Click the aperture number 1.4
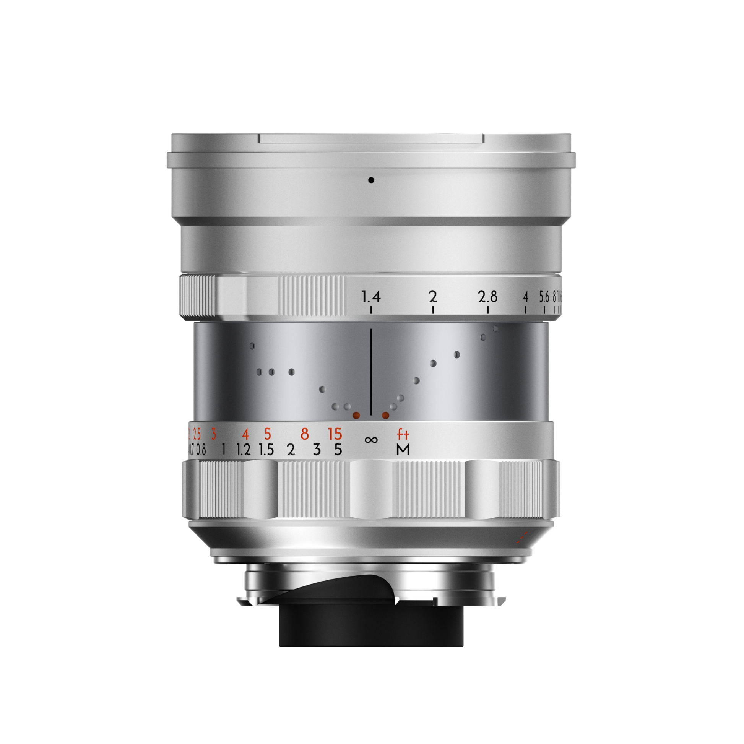point(371,297)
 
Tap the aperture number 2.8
point(487,297)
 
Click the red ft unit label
point(403,435)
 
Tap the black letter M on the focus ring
point(403,449)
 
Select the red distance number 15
point(335,434)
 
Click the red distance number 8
point(305,434)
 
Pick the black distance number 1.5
point(266,450)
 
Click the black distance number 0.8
point(201,450)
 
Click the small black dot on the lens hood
point(371,180)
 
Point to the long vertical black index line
point(371,372)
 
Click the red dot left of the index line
point(357,415)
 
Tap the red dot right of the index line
point(385,415)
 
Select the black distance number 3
point(317,450)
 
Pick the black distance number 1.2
point(244,450)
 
